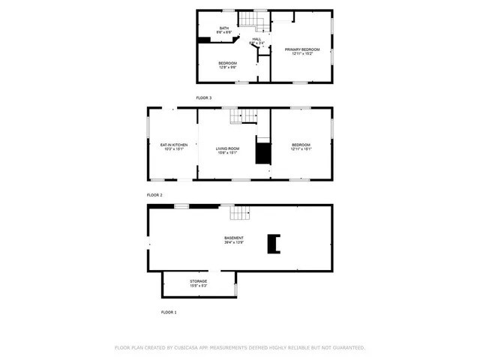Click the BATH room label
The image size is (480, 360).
point(224,28)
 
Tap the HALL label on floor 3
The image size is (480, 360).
point(256,39)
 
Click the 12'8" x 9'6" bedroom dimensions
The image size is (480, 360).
point(227,67)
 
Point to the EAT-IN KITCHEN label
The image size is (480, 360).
point(173,144)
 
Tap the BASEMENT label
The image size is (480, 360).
point(233,238)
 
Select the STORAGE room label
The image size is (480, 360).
point(198,281)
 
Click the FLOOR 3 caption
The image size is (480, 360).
point(204,97)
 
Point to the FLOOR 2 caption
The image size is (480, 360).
point(154,194)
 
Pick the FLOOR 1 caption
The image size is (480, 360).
point(169,311)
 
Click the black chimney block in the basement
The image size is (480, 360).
point(274,243)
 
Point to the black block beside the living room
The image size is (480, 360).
point(262,152)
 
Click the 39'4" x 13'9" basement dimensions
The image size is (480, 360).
point(233,242)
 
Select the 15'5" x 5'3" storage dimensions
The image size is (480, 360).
point(198,286)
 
